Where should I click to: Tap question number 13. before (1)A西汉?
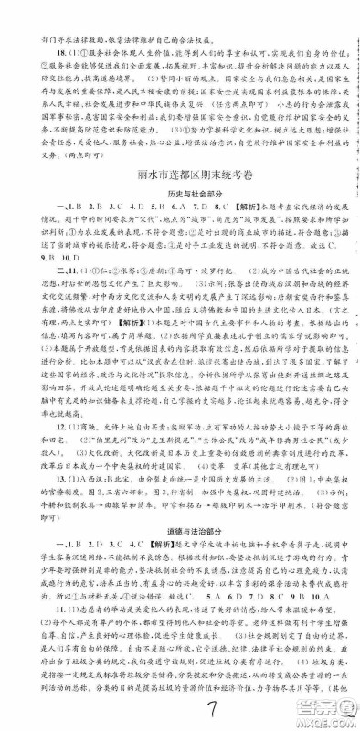click(34, 500)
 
